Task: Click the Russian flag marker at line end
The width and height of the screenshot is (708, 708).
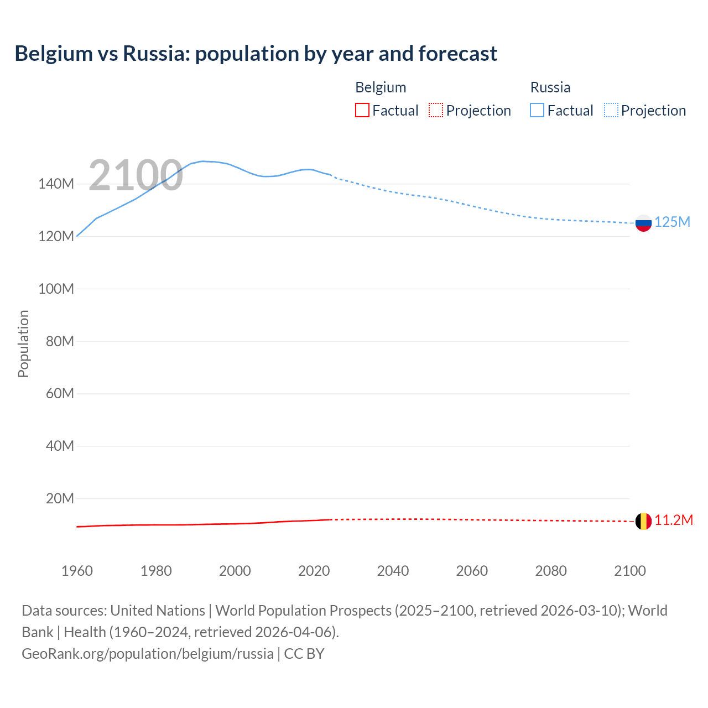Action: click(x=643, y=223)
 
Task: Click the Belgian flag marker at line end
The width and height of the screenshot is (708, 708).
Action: click(x=643, y=521)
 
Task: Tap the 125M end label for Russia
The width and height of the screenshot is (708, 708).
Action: click(x=672, y=222)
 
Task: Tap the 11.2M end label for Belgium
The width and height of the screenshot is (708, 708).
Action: click(x=673, y=520)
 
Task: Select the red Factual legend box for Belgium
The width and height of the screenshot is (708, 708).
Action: click(x=362, y=111)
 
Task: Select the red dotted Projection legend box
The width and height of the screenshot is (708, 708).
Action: click(x=436, y=111)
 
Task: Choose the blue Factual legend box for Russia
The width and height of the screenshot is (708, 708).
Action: click(x=537, y=111)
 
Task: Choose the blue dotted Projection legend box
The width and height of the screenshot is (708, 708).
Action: click(x=611, y=111)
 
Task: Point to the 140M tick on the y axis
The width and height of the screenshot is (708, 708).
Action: click(x=56, y=184)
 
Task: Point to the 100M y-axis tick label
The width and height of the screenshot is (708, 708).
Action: click(x=56, y=289)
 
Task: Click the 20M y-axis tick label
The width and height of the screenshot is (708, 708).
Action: click(x=60, y=498)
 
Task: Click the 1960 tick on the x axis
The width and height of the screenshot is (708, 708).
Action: click(x=77, y=571)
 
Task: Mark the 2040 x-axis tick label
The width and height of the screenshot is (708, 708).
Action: click(x=393, y=571)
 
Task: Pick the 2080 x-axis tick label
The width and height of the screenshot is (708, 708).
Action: click(x=551, y=571)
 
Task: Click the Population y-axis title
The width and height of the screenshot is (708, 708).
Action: click(x=23, y=343)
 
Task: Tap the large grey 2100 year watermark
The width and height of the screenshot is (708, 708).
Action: click(x=136, y=175)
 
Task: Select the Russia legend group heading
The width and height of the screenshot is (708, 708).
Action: click(x=550, y=87)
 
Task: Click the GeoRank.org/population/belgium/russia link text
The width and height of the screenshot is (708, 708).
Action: click(x=148, y=654)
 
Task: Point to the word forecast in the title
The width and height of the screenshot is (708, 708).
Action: click(x=457, y=54)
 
